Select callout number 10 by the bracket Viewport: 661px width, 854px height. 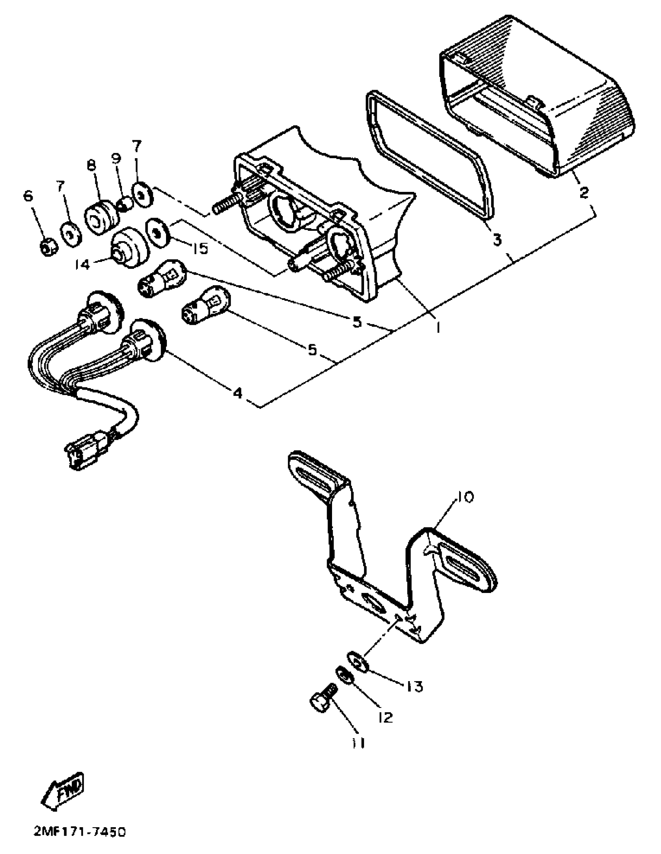pyautogui.click(x=464, y=497)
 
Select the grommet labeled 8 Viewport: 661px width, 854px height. pyautogui.click(x=101, y=217)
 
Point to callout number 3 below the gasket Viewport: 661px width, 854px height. pyautogui.click(x=497, y=239)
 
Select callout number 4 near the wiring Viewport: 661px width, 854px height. pyautogui.click(x=238, y=392)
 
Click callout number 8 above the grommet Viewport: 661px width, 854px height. pyautogui.click(x=91, y=166)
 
